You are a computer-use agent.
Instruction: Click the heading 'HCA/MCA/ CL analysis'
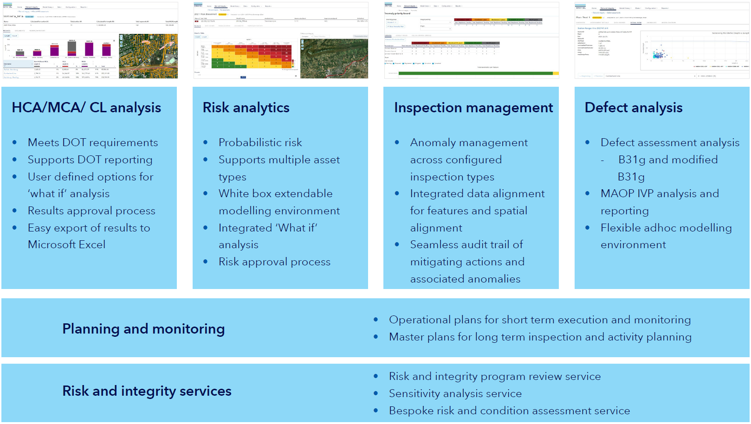coord(86,108)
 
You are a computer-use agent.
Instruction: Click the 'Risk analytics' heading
coord(246,108)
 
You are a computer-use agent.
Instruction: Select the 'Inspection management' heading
coord(473,108)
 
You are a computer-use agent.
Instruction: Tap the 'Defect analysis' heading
coord(634,108)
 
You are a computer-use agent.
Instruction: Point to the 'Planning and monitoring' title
coord(143,329)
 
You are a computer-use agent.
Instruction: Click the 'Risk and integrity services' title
coord(147,391)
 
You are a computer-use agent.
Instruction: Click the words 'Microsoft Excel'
coord(66,244)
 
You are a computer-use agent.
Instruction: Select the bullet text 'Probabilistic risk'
coord(260,142)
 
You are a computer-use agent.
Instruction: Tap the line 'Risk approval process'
coord(274,262)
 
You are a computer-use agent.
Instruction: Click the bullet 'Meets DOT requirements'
coord(93,142)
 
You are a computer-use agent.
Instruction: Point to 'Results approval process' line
coord(91,211)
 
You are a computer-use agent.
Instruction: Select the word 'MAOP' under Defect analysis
coord(617,193)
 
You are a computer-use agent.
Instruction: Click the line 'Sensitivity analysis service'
coord(455,393)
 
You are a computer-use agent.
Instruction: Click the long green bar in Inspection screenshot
coord(475,73)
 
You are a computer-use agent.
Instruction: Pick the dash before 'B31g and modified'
coord(602,160)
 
